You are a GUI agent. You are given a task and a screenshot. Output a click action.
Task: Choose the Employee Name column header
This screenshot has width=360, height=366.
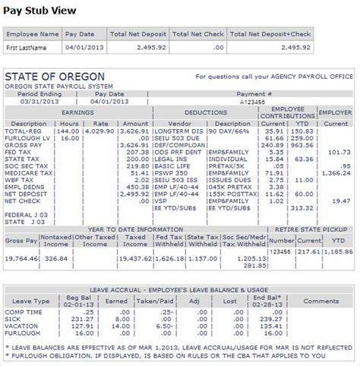(34, 35)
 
